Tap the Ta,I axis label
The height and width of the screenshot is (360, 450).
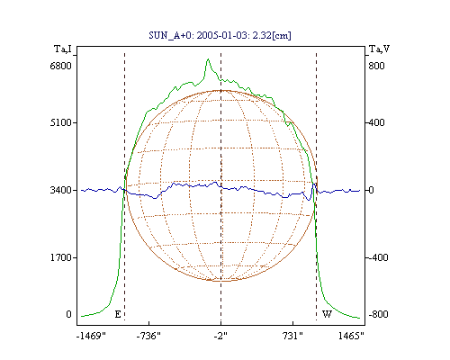[x=63, y=49]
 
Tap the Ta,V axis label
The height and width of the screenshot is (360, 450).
[x=379, y=49]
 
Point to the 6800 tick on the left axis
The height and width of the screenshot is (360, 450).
[x=61, y=66]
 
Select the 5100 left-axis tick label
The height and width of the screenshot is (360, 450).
[x=61, y=122]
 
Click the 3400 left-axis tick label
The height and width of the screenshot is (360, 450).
[x=61, y=190]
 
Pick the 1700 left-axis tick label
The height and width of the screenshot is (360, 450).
[x=61, y=257]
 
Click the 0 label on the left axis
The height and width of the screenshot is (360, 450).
[x=68, y=314]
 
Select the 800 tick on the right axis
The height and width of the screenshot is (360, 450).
[x=376, y=66]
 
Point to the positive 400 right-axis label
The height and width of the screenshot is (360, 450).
[x=376, y=122]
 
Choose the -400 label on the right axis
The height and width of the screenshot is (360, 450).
[x=378, y=257]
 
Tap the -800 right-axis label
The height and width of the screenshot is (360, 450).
[x=378, y=314]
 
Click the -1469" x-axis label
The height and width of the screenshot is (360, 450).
[x=91, y=336]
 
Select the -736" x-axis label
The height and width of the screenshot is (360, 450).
[x=148, y=336]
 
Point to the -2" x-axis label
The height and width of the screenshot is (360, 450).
[x=220, y=336]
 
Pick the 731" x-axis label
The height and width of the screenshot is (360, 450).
[x=292, y=336]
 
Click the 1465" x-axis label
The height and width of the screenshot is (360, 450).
[x=351, y=336]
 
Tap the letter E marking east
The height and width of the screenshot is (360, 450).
[x=118, y=314]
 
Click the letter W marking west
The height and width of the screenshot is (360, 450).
[x=327, y=314]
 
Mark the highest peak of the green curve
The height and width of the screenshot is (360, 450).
[x=208, y=59]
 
